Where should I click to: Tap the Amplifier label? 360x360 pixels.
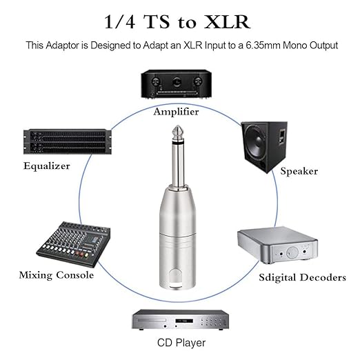point(176,111)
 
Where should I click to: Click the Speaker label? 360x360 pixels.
point(299,170)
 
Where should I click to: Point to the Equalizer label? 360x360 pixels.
point(46,166)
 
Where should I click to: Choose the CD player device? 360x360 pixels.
point(179,320)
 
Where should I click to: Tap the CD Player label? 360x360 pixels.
point(179,342)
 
